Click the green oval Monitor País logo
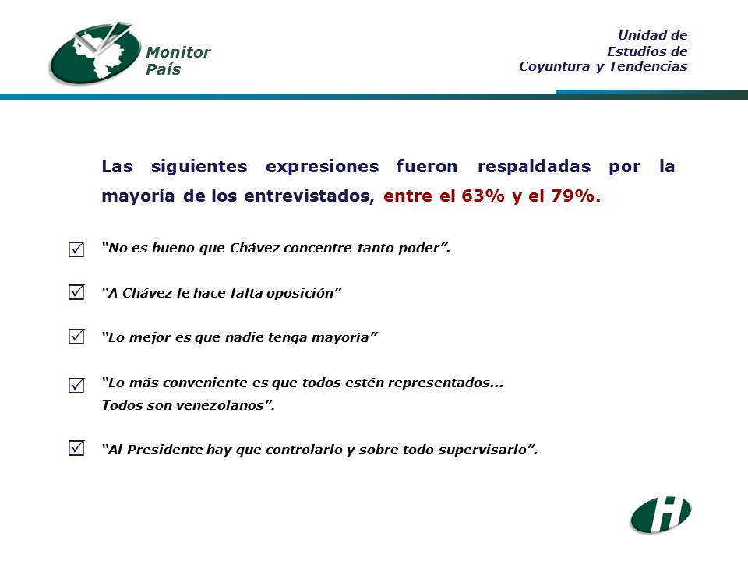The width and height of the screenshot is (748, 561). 95,54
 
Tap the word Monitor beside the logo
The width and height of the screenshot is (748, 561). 178,52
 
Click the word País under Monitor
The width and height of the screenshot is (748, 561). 163,69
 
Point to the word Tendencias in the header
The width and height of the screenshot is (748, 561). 648,65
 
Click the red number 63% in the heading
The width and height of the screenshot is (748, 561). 483,196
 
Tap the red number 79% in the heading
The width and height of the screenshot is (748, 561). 576,196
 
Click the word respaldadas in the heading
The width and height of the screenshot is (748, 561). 535,166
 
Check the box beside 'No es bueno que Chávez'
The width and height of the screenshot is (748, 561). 76,249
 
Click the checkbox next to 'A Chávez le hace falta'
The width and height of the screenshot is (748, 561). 76,292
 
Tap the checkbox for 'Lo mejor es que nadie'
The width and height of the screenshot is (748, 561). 76,337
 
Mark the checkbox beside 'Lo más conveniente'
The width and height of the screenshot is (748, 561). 76,385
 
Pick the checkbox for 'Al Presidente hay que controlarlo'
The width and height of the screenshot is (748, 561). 76,448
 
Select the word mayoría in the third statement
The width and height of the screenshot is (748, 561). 340,337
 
